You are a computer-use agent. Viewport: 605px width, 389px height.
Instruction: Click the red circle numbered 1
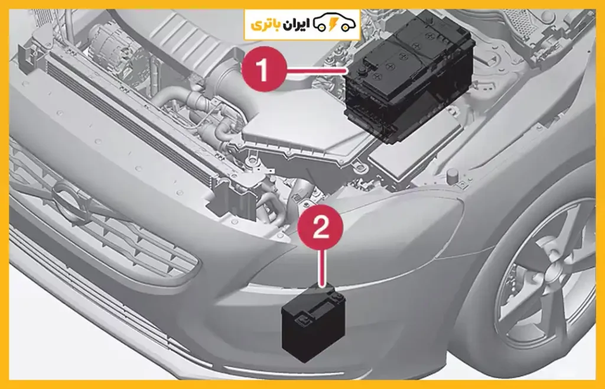click(264, 70)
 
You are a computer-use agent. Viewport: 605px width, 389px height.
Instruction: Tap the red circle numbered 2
click(320, 227)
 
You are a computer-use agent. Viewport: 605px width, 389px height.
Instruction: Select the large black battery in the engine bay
click(409, 77)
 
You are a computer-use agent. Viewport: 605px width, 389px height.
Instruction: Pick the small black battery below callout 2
click(314, 322)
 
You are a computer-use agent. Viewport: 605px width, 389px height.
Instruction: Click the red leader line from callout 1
click(317, 70)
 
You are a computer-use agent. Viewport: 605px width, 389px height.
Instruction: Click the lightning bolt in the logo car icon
click(333, 24)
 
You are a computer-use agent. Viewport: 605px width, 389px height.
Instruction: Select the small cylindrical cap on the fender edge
click(452, 176)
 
